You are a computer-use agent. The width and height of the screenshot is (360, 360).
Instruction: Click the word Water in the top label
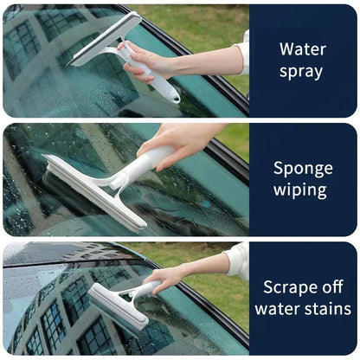pyautogui.click(x=301, y=48)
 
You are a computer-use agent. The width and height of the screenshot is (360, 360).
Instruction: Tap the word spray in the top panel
pyautogui.click(x=301, y=72)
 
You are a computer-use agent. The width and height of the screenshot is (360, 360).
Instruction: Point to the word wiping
pyautogui.click(x=301, y=190)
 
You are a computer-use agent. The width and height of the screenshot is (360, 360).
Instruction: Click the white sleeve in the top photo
pyautogui.click(x=243, y=52)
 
